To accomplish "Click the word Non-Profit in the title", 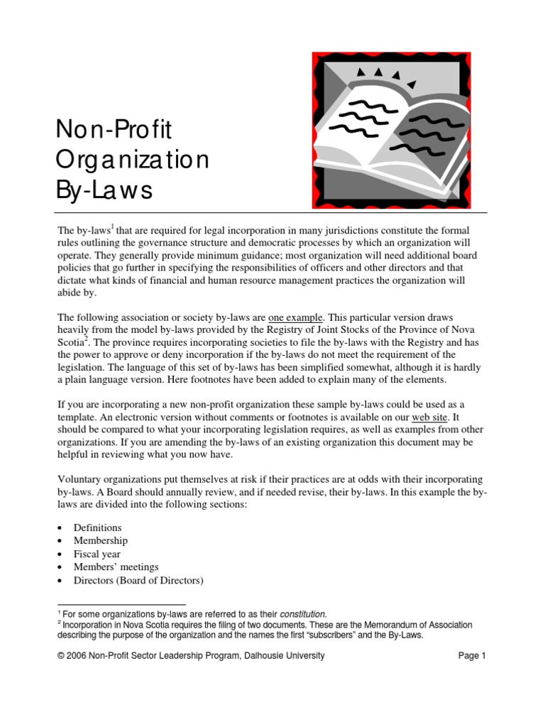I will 114,130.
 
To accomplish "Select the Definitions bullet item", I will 97,528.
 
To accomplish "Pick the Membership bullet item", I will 101,541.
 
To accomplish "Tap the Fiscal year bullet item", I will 97,554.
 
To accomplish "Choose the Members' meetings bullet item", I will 116,567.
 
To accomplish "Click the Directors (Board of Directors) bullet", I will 138,581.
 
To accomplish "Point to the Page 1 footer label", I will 472,656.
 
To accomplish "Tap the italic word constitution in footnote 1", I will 304,613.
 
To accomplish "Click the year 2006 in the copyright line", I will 77,656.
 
